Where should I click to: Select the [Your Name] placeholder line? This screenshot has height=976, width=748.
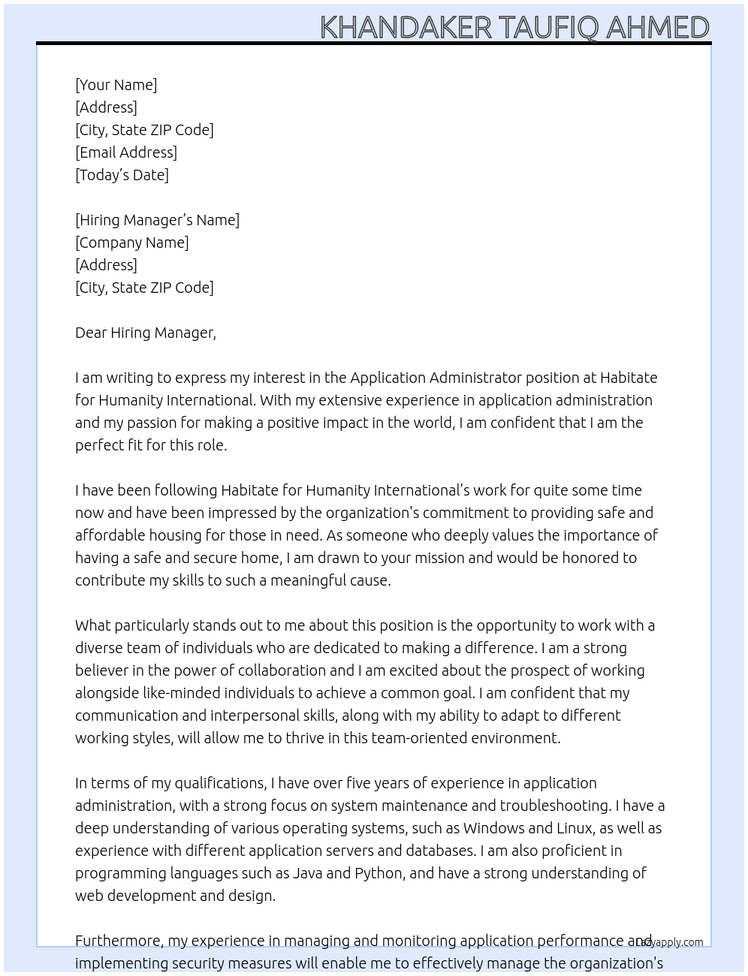pyautogui.click(x=116, y=85)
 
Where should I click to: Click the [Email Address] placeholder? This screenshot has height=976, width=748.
pyautogui.click(x=126, y=152)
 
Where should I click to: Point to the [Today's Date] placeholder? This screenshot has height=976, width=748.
pyautogui.click(x=122, y=175)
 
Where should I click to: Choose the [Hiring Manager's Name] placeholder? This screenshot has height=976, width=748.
pyautogui.click(x=157, y=220)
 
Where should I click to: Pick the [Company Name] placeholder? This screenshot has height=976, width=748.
pyautogui.click(x=132, y=242)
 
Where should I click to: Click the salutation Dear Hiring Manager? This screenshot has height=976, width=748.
pyautogui.click(x=146, y=333)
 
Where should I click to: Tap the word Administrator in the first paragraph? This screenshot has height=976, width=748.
pyautogui.click(x=475, y=378)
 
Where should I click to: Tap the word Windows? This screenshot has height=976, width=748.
pyautogui.click(x=493, y=828)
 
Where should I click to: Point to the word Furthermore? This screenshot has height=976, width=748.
pyautogui.click(x=117, y=941)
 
